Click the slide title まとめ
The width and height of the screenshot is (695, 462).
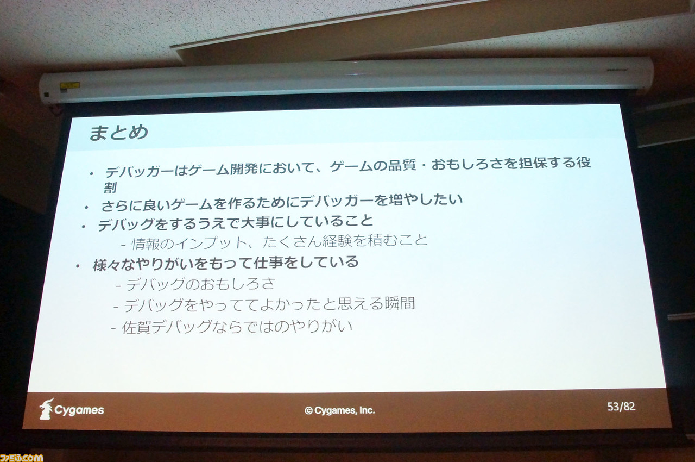[118, 132]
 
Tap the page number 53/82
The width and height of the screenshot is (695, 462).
[621, 407]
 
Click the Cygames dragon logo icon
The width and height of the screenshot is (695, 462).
[46, 409]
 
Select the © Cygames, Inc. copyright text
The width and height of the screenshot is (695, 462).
[340, 410]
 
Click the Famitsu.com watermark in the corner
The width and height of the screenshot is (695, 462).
[21, 458]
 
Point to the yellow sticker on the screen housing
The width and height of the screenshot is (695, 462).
[70, 85]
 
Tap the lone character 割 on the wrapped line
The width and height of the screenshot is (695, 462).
[110, 187]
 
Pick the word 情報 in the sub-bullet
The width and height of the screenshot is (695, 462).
[146, 244]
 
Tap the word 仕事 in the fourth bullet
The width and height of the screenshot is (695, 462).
[268, 263]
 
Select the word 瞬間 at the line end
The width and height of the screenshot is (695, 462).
[400, 303]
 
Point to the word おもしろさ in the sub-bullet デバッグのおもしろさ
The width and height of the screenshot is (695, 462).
[238, 284]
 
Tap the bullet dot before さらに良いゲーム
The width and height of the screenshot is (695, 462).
[86, 208]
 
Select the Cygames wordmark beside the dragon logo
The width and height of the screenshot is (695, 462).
[79, 410]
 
